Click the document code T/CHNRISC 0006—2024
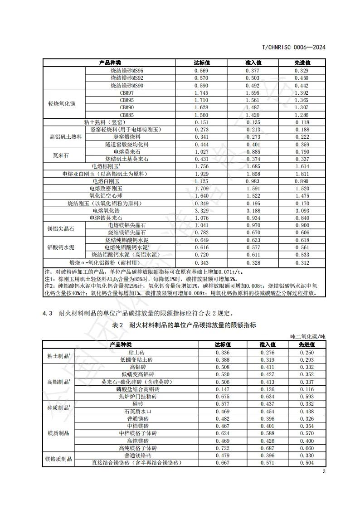(x=294, y=47)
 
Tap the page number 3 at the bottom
(x=324, y=471)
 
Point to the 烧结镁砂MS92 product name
(x=127, y=78)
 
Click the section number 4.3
(x=48, y=313)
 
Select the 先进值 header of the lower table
(x=306, y=344)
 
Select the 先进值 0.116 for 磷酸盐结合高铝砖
(x=306, y=389)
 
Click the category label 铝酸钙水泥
(x=61, y=247)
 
